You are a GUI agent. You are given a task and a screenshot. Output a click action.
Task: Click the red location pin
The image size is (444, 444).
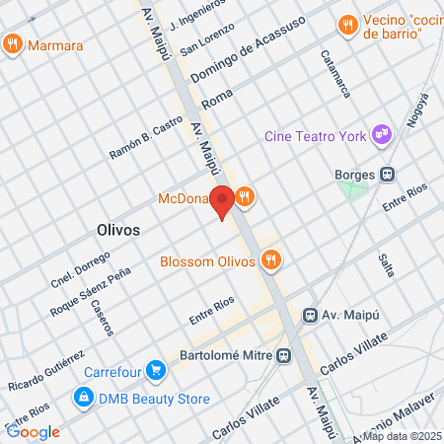223,201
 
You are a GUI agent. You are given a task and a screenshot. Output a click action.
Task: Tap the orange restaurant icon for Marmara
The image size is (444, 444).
12,44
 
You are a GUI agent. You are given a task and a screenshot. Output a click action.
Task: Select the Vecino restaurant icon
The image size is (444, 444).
346,25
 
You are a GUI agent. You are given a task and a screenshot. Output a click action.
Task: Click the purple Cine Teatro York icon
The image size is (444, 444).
381,135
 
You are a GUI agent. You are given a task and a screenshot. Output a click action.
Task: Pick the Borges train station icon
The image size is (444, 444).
389,175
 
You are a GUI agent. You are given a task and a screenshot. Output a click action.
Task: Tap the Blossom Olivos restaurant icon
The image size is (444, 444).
271,260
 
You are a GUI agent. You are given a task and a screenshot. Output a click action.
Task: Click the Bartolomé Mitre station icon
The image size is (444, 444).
284,355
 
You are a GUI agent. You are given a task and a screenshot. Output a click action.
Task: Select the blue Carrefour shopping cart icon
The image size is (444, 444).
154,372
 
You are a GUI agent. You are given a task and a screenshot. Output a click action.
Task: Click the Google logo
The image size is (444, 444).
33,431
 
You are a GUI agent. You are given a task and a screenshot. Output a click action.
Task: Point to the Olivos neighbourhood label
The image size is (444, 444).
118,229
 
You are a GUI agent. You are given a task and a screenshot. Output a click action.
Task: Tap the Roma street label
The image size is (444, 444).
215,101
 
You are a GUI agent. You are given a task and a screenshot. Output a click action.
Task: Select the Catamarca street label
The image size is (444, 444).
335,74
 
